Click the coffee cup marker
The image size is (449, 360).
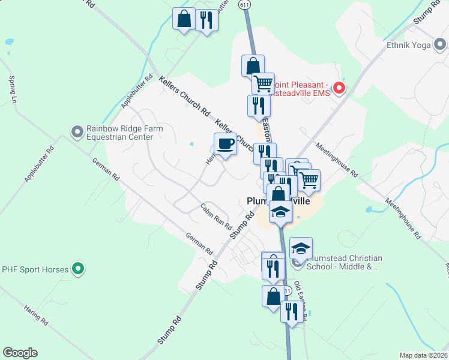[225, 145]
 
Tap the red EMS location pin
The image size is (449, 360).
[339, 89]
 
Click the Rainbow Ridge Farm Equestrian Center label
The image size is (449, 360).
[119, 132]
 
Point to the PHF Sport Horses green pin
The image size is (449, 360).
[78, 269]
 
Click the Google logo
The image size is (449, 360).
[20, 353]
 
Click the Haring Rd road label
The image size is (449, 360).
[35, 314]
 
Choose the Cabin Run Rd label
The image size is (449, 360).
[216, 217]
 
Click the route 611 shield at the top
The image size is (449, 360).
[244, 4]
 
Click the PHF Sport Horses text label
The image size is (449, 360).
[35, 269]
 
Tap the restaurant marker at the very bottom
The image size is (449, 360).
[291, 312]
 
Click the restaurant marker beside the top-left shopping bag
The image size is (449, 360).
[206, 21]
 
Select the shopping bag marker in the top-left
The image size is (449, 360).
[184, 19]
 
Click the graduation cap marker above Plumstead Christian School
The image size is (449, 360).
[301, 248]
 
